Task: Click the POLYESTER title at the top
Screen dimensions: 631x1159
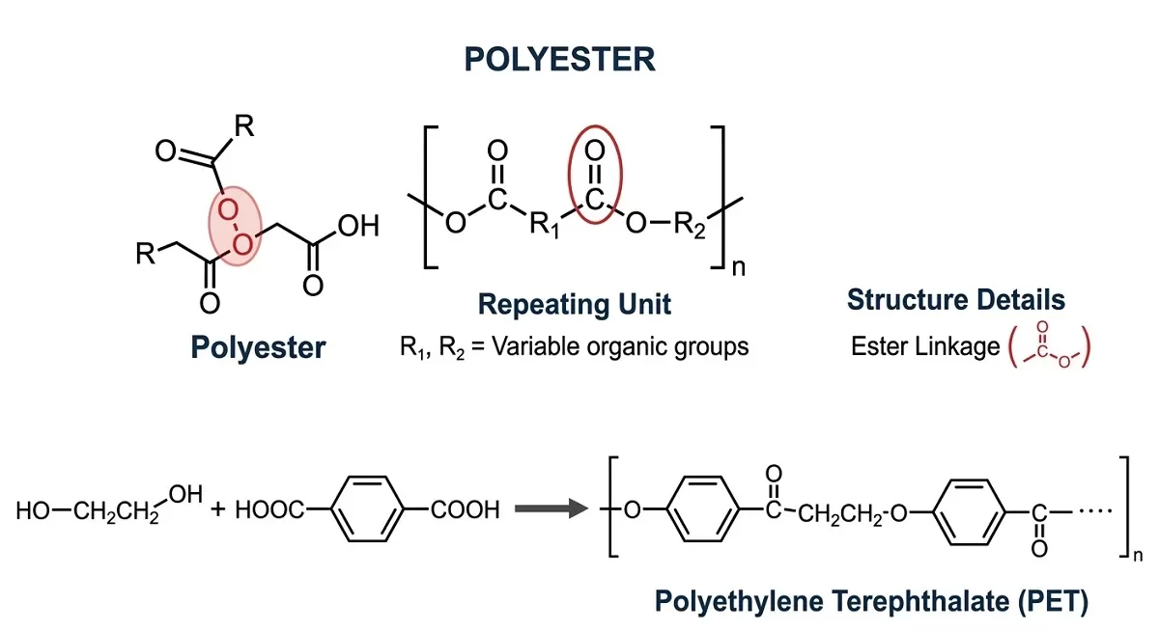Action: [559, 60]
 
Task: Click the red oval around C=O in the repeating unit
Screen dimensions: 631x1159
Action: [594, 179]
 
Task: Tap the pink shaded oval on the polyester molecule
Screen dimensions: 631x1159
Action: [235, 223]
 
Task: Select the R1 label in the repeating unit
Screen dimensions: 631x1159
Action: [545, 228]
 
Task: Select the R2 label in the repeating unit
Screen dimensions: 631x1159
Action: [690, 228]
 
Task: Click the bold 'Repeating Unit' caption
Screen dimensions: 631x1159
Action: [574, 305]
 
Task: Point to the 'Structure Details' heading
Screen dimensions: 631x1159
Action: [955, 300]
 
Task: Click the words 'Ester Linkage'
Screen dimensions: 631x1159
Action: [924, 346]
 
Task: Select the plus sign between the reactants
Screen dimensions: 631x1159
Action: [217, 509]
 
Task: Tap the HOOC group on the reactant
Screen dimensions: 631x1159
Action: [269, 509]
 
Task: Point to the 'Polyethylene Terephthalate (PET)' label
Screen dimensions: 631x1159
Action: [871, 602]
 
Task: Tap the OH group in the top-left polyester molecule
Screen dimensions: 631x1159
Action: [358, 228]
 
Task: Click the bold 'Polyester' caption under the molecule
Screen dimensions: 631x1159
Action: [257, 347]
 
